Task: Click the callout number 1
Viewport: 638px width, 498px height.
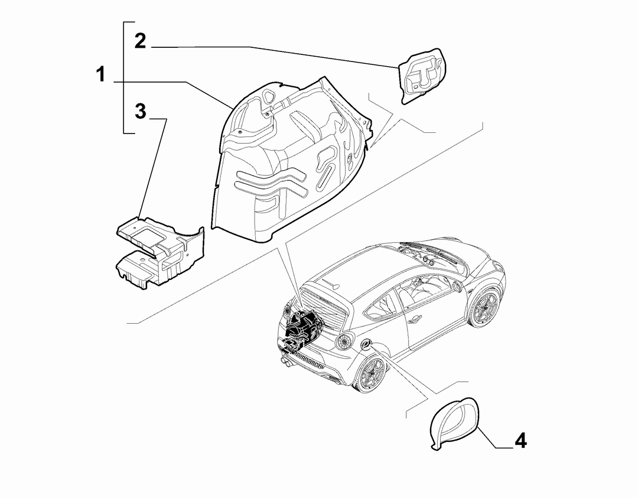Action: (x=100, y=75)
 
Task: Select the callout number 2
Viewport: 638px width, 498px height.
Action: (x=140, y=41)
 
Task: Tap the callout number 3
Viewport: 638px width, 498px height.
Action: (x=141, y=111)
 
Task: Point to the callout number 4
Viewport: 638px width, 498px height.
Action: (x=521, y=441)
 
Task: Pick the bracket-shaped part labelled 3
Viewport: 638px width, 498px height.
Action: (x=161, y=252)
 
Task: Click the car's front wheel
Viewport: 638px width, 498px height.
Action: (x=486, y=307)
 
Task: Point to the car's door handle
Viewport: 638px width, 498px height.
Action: (x=415, y=320)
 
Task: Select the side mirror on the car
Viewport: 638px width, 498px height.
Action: (x=458, y=287)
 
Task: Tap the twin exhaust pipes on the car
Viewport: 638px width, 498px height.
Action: (x=285, y=360)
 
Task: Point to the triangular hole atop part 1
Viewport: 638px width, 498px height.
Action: (x=269, y=97)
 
